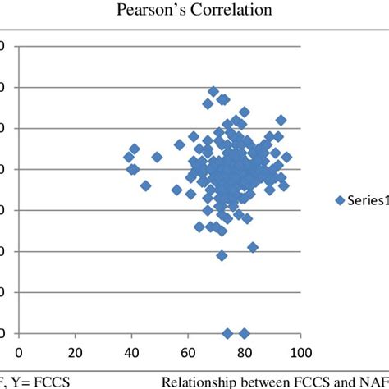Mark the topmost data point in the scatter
213,91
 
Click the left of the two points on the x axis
227,333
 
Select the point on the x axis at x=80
244,333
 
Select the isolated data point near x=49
157,157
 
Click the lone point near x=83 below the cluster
253,247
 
